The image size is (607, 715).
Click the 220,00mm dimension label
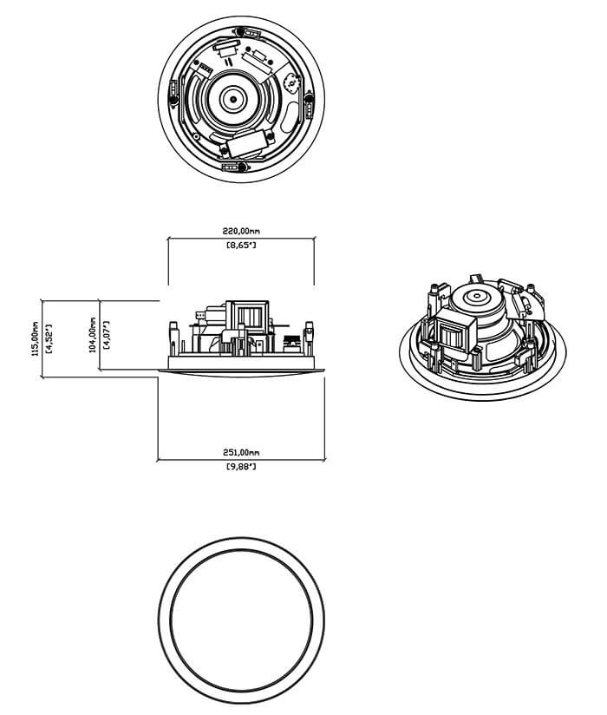pyautogui.click(x=241, y=231)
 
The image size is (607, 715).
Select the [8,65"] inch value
pyautogui.click(x=241, y=246)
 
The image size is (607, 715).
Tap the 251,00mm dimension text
pyautogui.click(x=241, y=452)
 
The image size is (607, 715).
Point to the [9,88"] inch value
pyautogui.click(x=241, y=467)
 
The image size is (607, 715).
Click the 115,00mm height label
pyautogui.click(x=36, y=338)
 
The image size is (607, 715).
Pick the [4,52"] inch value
pyautogui.click(x=49, y=338)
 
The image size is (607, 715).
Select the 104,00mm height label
pyautogui.click(x=93, y=335)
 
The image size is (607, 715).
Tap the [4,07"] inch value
pyautogui.click(x=107, y=335)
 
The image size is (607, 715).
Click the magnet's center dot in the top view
pyautogui.click(x=233, y=99)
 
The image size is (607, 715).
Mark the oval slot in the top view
pyautogui.click(x=289, y=116)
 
